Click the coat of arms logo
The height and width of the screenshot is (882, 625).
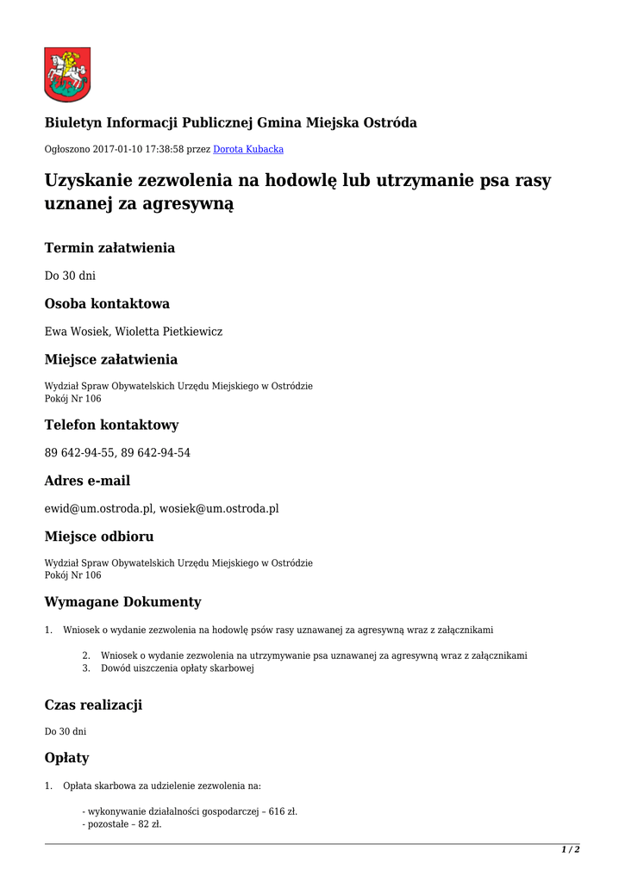tap(67, 74)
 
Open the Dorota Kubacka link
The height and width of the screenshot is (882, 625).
tap(248, 149)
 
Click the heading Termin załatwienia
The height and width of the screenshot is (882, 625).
tap(109, 248)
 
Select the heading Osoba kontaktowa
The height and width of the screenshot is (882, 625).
tap(107, 303)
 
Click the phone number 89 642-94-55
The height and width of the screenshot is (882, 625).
tap(79, 452)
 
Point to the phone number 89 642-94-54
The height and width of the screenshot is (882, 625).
tap(156, 452)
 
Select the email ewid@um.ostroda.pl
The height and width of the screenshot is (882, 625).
tap(99, 508)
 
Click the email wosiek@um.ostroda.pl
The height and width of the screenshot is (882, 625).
tap(219, 508)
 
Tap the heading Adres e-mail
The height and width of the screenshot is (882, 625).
tap(87, 481)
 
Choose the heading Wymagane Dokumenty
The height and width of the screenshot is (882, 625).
tap(122, 601)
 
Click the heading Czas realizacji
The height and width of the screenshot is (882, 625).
tap(93, 705)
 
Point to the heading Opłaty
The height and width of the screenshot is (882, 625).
tap(66, 758)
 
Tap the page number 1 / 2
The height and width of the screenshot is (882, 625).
tap(571, 849)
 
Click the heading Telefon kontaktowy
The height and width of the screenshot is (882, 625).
tap(111, 425)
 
